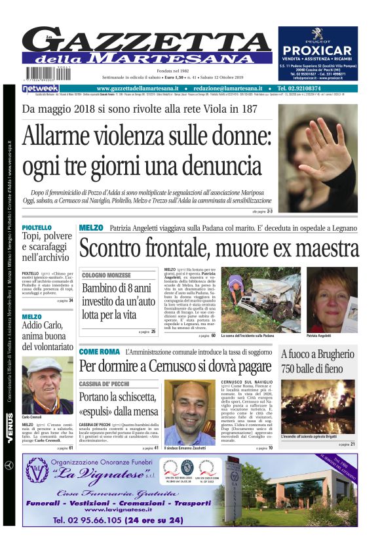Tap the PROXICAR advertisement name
point(317,50)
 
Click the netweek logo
point(41,88)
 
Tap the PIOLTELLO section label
point(37,227)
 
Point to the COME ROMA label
point(99,351)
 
